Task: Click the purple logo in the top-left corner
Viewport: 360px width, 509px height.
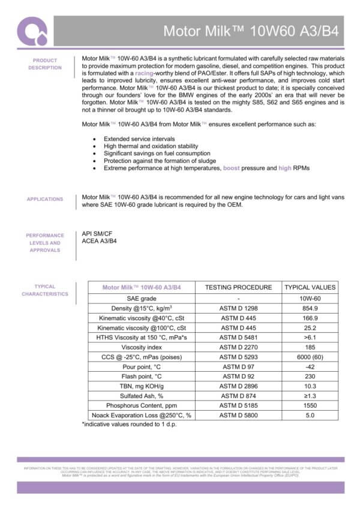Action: click(31, 31)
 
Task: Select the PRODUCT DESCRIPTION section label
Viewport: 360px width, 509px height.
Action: click(45, 64)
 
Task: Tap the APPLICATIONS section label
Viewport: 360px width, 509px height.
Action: click(45, 199)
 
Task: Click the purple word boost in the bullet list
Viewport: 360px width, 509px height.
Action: click(231, 168)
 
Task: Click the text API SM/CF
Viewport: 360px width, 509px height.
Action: click(97, 234)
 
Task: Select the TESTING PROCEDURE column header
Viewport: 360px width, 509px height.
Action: click(238, 287)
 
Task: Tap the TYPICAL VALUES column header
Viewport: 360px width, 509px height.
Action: click(310, 287)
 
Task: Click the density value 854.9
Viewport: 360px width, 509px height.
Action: click(310, 308)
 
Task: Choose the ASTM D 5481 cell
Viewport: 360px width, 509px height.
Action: click(238, 338)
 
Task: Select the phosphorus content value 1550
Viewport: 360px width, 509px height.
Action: click(310, 405)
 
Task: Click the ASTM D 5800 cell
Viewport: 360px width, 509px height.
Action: click(238, 415)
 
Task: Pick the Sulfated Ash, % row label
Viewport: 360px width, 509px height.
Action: click(142, 396)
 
